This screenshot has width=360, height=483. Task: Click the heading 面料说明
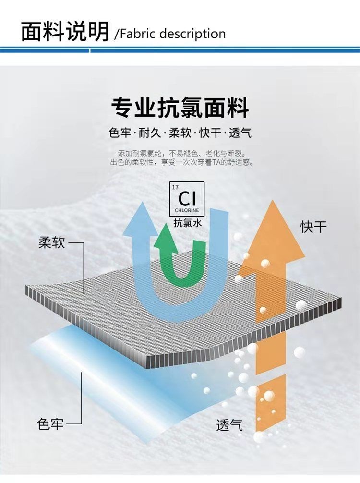pos(65,31)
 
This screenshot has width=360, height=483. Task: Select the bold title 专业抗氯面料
pos(180,108)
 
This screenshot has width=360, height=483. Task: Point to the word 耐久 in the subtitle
pos(150,133)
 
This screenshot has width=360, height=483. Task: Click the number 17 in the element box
pos(175,187)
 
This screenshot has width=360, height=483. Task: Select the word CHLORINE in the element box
pos(187,210)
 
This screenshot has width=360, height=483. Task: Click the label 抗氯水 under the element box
pos(188,223)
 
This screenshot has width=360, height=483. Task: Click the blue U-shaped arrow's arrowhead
pos(140,218)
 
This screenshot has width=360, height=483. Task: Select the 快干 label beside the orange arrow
pos(313,227)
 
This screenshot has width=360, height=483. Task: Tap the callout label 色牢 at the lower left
pos(50,424)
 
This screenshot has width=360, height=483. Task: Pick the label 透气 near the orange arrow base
pos(229,425)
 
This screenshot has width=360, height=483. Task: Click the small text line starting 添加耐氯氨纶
pos(182,153)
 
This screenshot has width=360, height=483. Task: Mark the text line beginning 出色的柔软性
pos(182,162)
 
